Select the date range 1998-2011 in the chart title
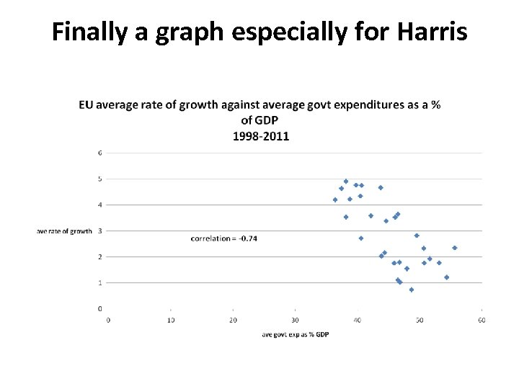click(260, 136)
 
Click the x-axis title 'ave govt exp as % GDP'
click(296, 334)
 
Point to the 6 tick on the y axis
click(99, 153)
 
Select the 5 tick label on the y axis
click(99, 179)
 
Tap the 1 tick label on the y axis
click(99, 282)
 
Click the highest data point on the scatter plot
click(346, 182)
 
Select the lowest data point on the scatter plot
click(412, 290)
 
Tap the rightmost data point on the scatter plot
click(455, 248)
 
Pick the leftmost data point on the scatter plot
click(335, 200)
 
